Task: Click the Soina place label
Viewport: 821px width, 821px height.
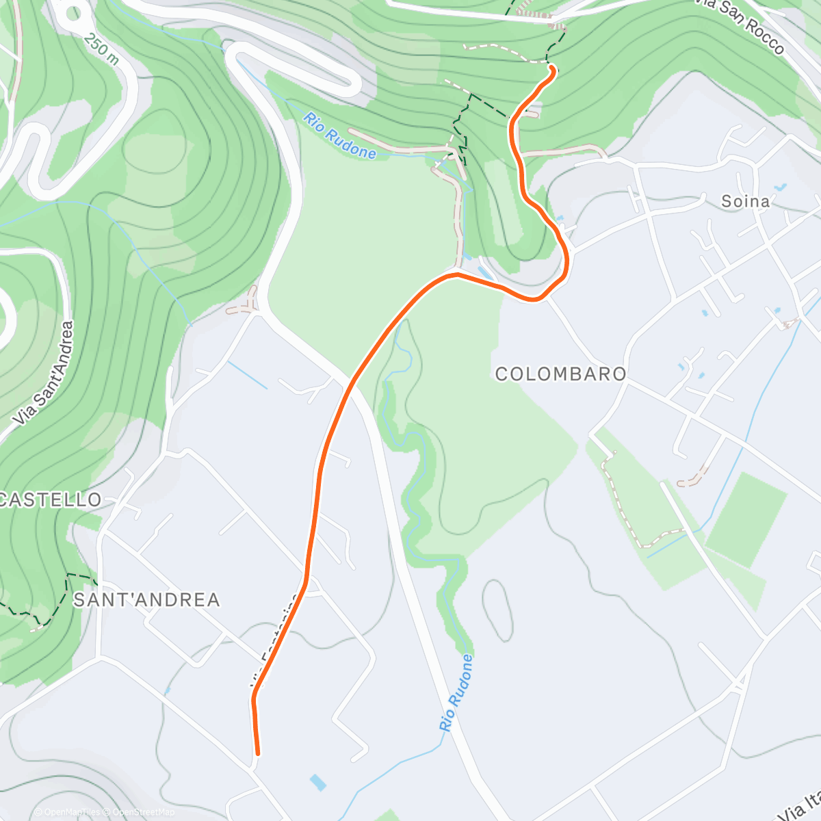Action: [745, 201]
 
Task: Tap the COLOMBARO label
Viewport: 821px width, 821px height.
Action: [560, 374]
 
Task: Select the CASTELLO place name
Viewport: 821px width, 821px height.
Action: [51, 499]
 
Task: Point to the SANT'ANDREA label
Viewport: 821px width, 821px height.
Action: [146, 600]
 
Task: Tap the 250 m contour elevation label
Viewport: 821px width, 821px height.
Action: [101, 49]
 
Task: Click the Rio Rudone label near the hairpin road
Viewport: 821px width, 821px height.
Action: [340, 135]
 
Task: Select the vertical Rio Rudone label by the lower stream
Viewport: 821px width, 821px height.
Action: [456, 692]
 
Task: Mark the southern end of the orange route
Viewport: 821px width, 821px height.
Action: [257, 753]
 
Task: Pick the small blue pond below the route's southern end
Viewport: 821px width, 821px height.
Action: [317, 782]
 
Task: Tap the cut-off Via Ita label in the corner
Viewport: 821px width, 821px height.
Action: [800, 807]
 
